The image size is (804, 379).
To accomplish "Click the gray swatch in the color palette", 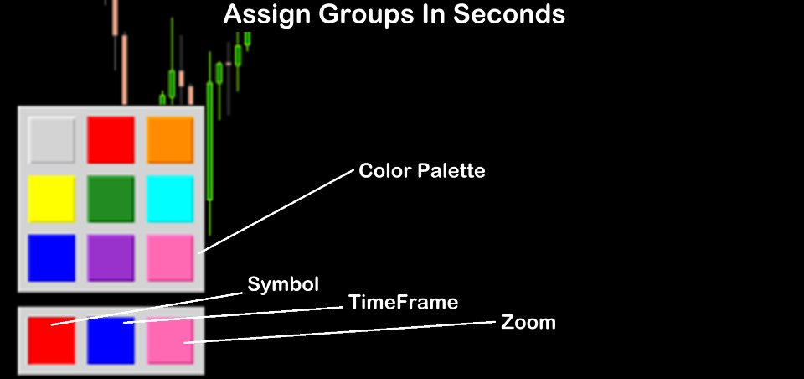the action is point(51,140).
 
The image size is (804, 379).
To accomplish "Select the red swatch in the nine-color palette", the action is point(111,140).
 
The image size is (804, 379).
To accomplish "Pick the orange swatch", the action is point(170,140).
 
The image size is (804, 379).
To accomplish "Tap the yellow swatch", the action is point(51,199).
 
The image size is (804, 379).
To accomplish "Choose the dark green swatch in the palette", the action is point(111,199).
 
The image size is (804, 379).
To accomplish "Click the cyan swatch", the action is point(170,199).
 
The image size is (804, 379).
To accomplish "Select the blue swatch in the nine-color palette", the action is point(51,257).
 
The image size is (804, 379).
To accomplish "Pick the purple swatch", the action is point(111,257).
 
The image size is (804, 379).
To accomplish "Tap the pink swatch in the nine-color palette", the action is point(170,257).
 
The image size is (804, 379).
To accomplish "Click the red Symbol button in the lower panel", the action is point(51,340).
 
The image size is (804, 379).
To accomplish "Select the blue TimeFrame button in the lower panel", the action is point(111,340).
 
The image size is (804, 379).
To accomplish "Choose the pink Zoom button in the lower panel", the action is point(170,340).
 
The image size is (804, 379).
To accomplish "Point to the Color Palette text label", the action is point(422,170).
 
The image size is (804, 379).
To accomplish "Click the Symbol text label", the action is point(283,284).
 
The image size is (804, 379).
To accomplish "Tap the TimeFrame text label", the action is point(403,302).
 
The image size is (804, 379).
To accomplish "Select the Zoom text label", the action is point(528,323).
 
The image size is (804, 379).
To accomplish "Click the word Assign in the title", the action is point(267,15).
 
